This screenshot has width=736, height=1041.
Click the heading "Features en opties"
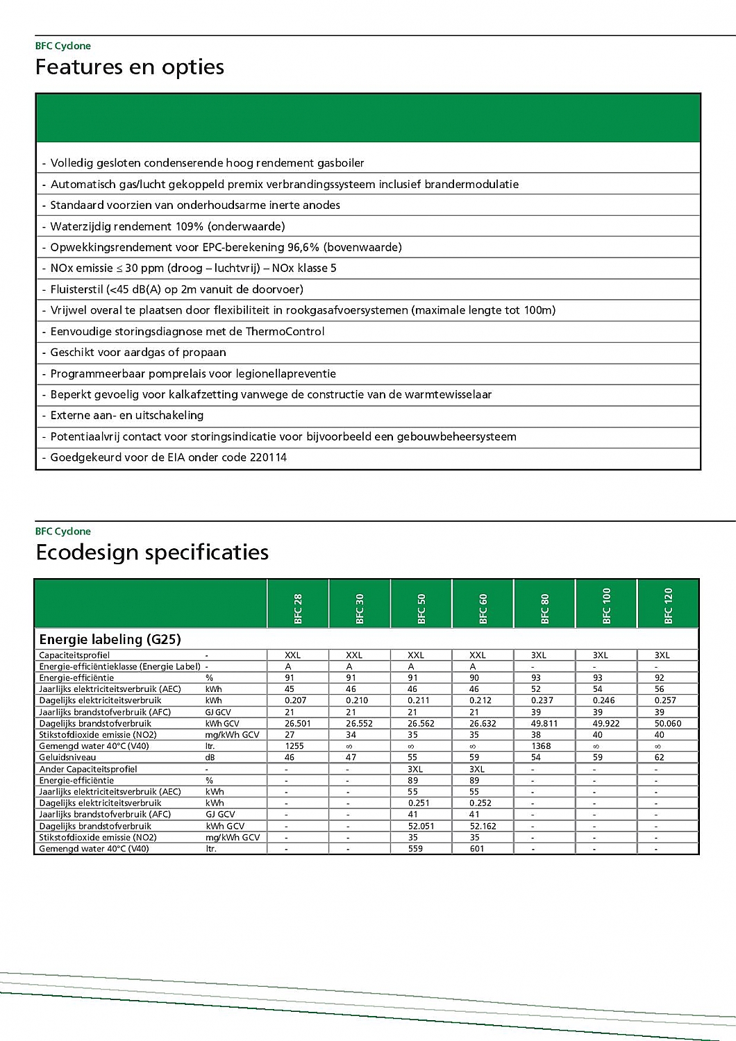pyautogui.click(x=130, y=67)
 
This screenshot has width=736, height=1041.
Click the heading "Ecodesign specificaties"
pyautogui.click(x=152, y=552)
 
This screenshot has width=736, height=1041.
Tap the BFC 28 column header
pyautogui.click(x=298, y=609)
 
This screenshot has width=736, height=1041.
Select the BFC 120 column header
pyautogui.click(x=668, y=606)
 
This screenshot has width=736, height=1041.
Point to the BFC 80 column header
pyautogui.click(x=545, y=609)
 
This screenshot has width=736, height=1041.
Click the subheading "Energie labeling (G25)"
pyautogui.click(x=110, y=639)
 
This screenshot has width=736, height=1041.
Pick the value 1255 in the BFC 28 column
pyautogui.click(x=294, y=746)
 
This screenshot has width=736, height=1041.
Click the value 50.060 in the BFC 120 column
pyautogui.click(x=668, y=723)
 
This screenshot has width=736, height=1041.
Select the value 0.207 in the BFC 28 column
pyautogui.click(x=295, y=700)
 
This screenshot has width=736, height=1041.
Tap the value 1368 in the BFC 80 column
pyautogui.click(x=541, y=746)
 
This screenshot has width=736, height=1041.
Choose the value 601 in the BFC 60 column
pyautogui.click(x=477, y=849)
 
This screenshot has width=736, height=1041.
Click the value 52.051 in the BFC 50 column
pyautogui.click(x=421, y=826)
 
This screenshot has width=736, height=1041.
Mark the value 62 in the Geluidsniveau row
pyautogui.click(x=659, y=757)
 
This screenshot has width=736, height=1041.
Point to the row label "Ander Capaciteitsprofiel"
pyautogui.click(x=88, y=769)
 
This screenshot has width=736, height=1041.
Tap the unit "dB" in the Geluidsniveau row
pyautogui.click(x=210, y=757)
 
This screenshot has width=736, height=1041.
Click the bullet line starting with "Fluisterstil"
pyautogui.click(x=176, y=289)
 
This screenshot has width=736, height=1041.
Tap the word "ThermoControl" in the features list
pyautogui.click(x=285, y=331)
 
